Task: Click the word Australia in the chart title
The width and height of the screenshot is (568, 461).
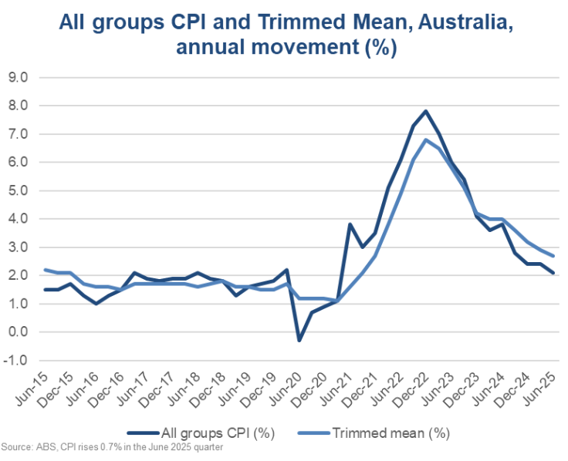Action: (x=465, y=22)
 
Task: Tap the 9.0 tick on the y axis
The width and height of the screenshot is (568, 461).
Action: (x=18, y=77)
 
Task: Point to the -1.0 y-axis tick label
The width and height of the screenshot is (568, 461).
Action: (x=15, y=361)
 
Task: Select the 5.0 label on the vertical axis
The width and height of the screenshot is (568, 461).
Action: (x=18, y=190)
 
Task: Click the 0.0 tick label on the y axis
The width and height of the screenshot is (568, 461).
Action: (x=18, y=331)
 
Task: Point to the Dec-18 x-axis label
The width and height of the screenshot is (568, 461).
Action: (x=209, y=389)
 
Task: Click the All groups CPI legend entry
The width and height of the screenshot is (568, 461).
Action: (x=201, y=432)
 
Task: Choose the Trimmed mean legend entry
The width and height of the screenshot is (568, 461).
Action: (x=374, y=432)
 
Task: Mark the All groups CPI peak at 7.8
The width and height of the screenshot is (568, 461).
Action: (x=426, y=111)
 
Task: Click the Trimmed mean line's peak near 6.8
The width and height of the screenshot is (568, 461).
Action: (x=426, y=140)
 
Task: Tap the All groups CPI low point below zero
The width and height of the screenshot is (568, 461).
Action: (x=299, y=341)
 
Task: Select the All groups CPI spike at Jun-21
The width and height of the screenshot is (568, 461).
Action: (x=350, y=224)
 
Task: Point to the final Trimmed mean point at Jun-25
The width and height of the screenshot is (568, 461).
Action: (x=553, y=256)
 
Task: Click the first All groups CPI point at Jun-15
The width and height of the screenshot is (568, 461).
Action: (x=45, y=290)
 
